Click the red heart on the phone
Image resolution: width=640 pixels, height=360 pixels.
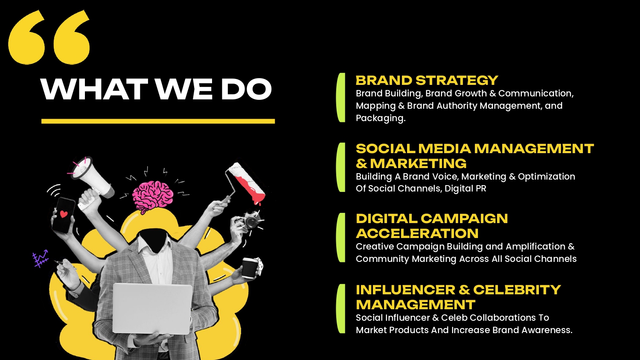(64, 214)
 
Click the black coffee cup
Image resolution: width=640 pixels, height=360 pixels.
(250, 268)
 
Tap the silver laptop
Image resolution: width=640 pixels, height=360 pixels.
(152, 308)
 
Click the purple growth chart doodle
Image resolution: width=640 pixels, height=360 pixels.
(40, 259)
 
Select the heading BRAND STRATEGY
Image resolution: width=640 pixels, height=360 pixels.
(427, 80)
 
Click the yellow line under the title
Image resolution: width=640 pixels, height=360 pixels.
(158, 122)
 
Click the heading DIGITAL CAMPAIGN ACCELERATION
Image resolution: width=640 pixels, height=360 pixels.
(432, 226)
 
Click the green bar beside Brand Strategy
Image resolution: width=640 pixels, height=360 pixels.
(341, 97)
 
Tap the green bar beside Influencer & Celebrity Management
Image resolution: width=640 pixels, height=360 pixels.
(341, 308)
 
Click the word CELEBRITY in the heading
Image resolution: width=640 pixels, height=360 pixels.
(517, 290)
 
